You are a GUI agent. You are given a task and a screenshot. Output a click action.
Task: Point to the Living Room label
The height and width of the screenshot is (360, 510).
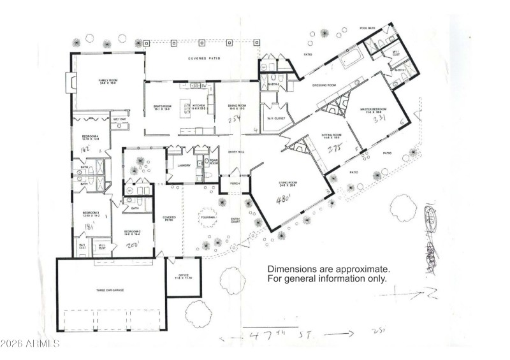click(x=289, y=182)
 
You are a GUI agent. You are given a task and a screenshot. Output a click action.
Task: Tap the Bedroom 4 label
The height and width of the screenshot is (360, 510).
click(x=89, y=136)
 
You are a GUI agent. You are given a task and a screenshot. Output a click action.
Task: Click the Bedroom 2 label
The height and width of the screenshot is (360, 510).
click(x=132, y=231)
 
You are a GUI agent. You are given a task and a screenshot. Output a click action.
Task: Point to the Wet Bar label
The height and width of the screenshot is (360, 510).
click(x=119, y=119)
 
